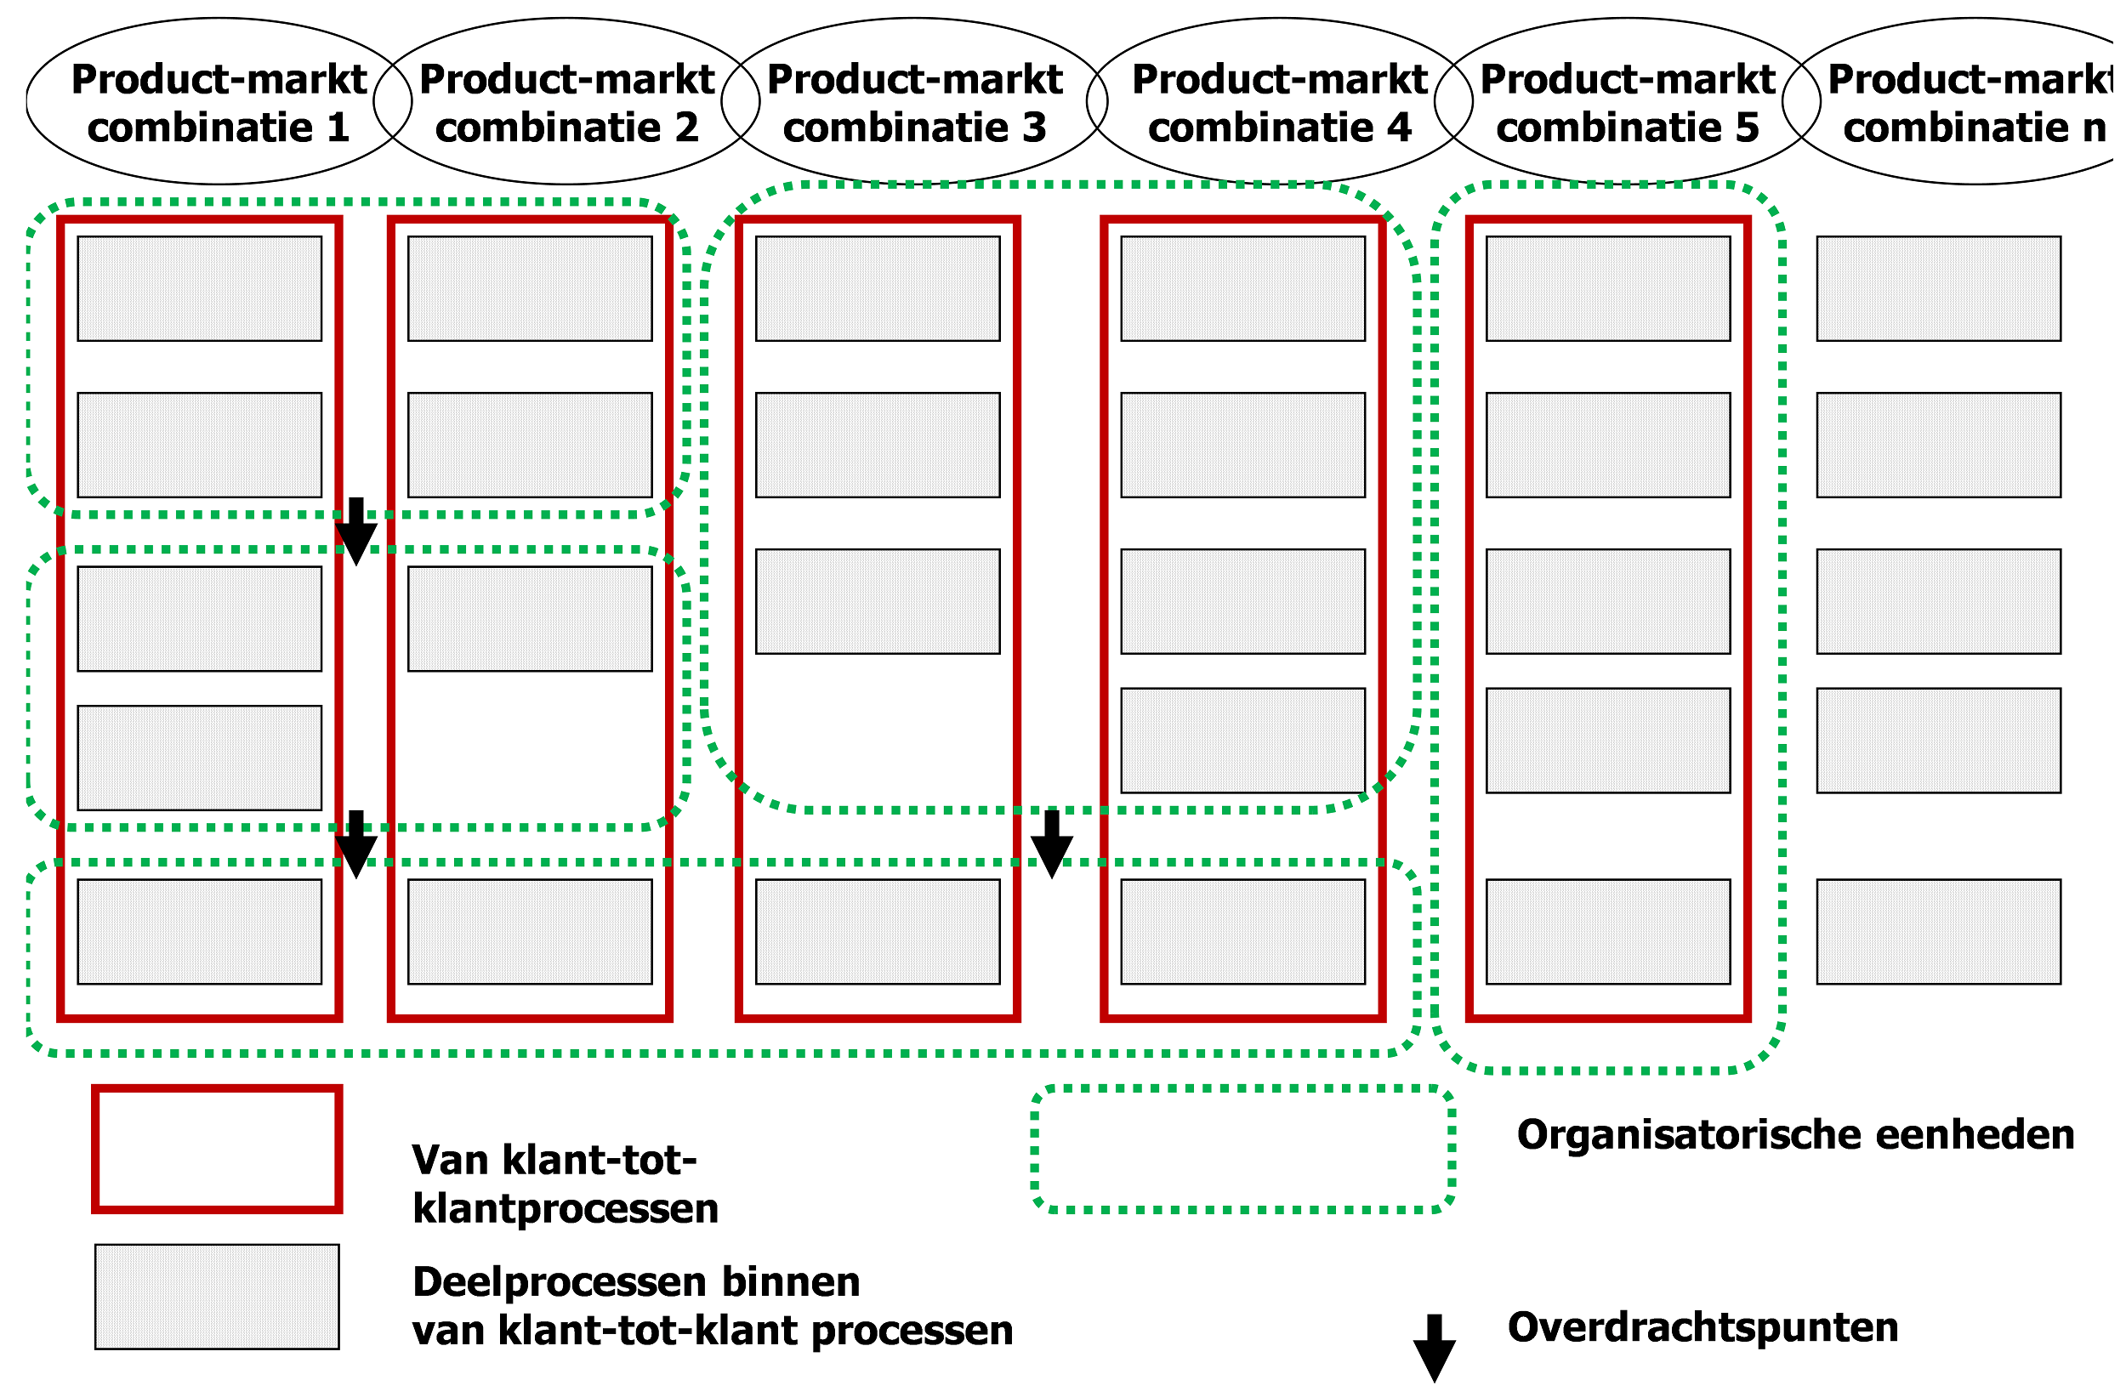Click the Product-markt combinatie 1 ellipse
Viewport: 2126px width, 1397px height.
coord(219,102)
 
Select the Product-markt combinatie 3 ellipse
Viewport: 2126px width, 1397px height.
coord(915,102)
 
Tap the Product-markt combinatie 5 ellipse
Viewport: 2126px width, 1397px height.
coord(1628,102)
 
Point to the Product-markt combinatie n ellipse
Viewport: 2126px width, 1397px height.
coord(1965,102)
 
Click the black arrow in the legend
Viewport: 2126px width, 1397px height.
coord(1434,1347)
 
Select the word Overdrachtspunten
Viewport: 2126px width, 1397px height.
coord(1703,1327)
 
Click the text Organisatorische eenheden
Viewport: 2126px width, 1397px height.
coord(1795,1135)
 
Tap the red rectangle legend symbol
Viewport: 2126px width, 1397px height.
coord(217,1150)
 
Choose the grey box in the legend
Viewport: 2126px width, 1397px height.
coord(217,1297)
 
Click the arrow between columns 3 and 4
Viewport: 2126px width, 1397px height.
coord(1051,843)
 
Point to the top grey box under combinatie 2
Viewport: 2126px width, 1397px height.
coord(530,288)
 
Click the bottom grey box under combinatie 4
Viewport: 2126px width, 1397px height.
coord(1242,932)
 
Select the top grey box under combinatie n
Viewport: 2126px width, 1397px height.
coord(1938,288)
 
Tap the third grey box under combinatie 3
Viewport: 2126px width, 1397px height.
coord(878,601)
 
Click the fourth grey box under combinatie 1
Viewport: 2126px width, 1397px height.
coord(199,758)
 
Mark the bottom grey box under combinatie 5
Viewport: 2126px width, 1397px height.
coord(1608,932)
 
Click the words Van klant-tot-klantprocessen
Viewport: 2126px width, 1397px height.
coord(565,1184)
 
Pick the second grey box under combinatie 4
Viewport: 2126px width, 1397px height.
coord(1242,445)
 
